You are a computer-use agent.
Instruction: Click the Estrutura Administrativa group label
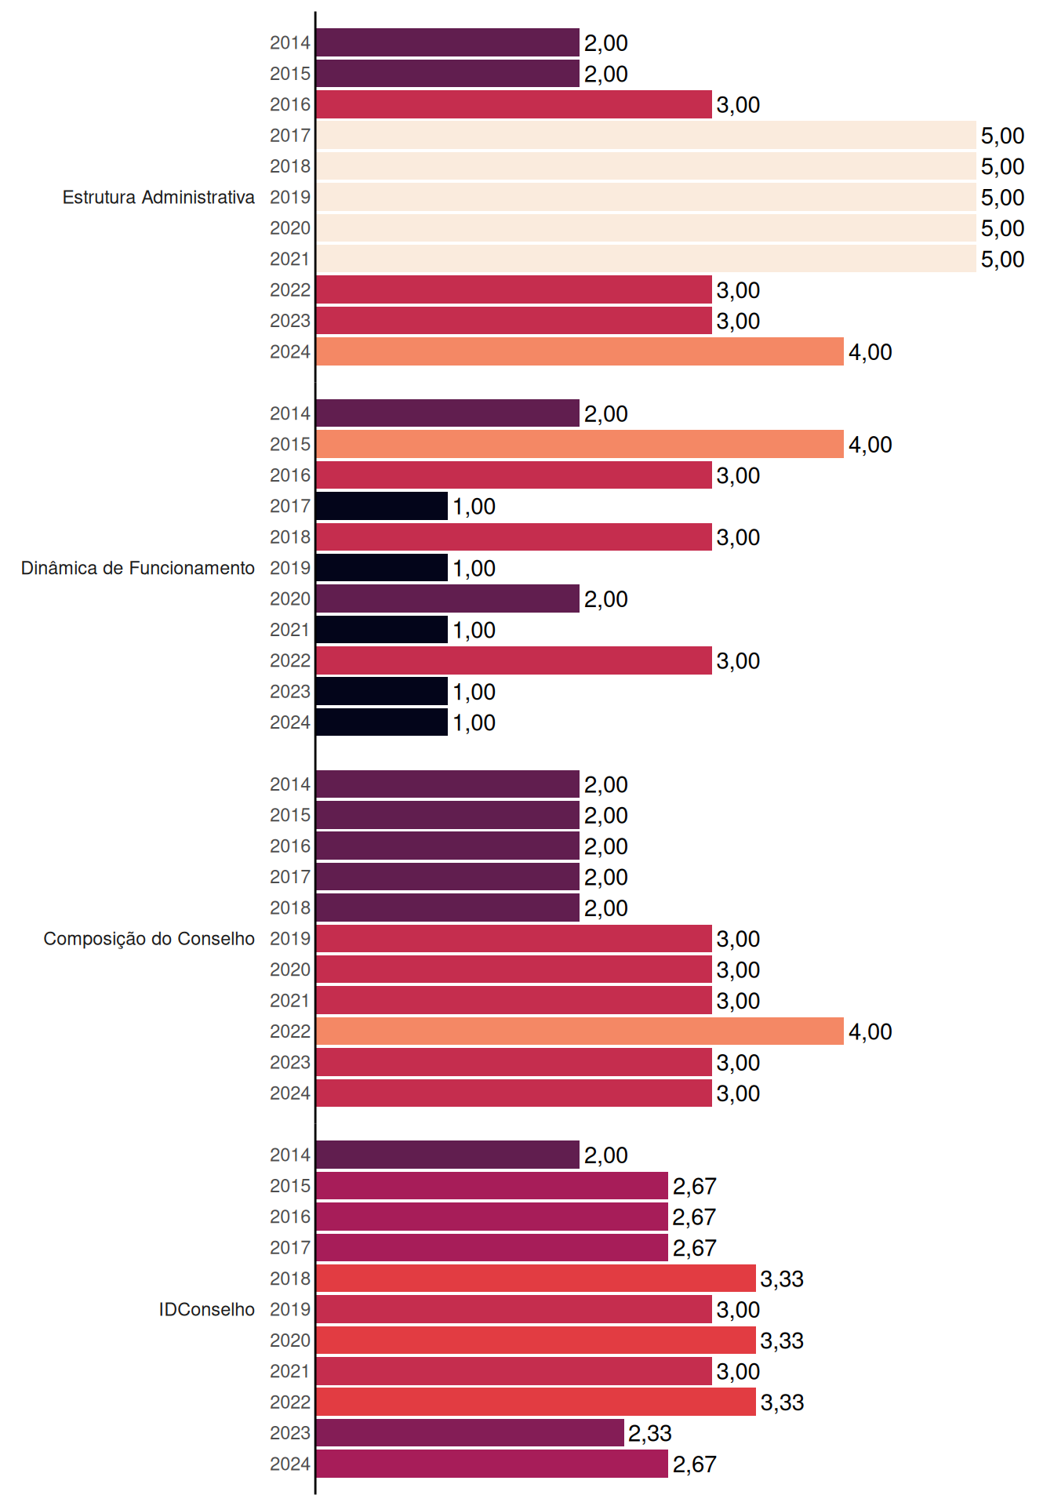point(158,197)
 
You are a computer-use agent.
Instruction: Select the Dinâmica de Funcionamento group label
point(138,568)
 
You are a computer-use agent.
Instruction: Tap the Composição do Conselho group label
point(149,939)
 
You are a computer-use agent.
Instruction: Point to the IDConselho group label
point(207,1309)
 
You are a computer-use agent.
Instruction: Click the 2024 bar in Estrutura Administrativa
point(580,351)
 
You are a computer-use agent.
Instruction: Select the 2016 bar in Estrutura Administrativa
point(514,104)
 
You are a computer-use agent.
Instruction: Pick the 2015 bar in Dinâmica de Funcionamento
point(580,444)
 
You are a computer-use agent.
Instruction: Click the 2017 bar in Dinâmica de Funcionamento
point(382,506)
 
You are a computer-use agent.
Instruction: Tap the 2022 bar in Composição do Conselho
point(580,1031)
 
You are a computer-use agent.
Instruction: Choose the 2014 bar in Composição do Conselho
point(448,784)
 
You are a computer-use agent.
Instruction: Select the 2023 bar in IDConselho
point(471,1433)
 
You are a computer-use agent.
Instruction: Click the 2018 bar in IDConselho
point(536,1279)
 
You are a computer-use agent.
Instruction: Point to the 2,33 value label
point(650,1434)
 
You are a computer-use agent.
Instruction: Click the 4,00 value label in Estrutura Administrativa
point(870,352)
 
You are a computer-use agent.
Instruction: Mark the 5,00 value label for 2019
point(1003,198)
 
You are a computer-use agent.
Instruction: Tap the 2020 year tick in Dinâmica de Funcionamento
point(290,599)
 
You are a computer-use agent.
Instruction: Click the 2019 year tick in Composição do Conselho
point(290,939)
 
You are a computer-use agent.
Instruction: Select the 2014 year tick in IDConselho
point(290,1155)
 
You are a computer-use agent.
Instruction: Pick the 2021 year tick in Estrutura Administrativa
point(290,259)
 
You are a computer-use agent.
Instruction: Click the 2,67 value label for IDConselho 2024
point(695,1464)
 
